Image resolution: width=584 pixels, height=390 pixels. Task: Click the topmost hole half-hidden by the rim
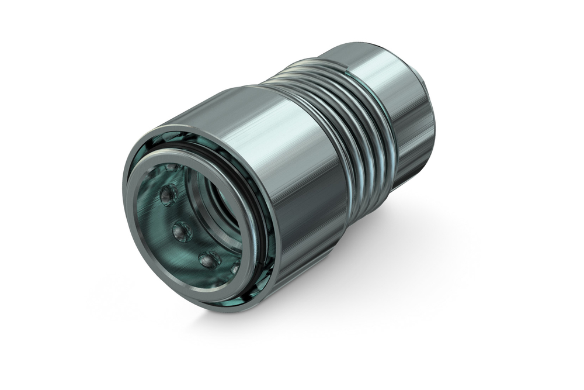pos(171,168)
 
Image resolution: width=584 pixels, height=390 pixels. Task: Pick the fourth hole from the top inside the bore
pos(209,259)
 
